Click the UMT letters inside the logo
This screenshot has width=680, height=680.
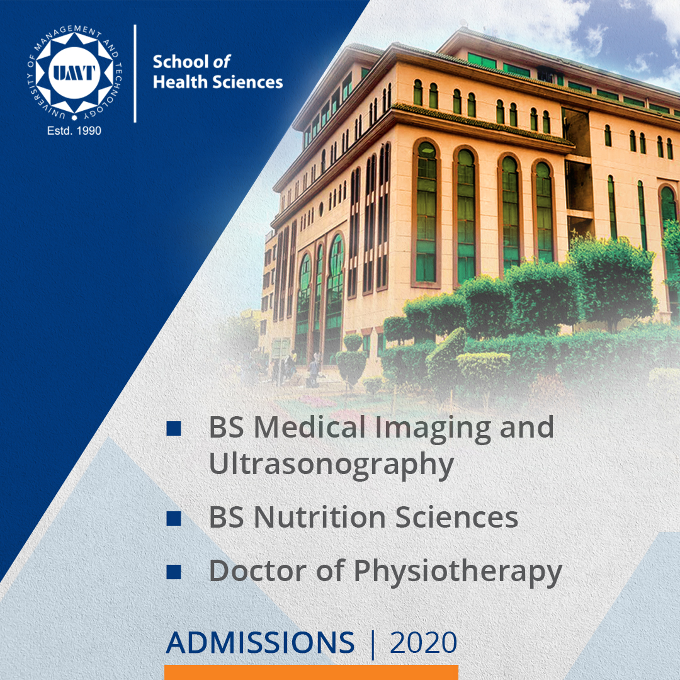click(x=74, y=73)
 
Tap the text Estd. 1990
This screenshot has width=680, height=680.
click(x=74, y=130)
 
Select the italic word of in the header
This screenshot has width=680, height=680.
click(x=222, y=62)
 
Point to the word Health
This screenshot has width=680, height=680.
click(x=176, y=82)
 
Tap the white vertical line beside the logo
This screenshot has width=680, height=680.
click(x=135, y=74)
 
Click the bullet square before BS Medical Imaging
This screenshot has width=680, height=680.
click(x=174, y=428)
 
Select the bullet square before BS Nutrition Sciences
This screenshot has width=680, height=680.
click(x=174, y=518)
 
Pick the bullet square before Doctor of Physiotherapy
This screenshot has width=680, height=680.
click(x=174, y=572)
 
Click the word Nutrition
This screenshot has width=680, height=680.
click(x=320, y=518)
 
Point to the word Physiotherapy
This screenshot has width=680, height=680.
click(x=458, y=572)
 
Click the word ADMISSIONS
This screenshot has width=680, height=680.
click(x=260, y=642)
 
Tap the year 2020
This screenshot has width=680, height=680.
click(x=423, y=642)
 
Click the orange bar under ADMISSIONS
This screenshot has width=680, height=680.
click(x=312, y=672)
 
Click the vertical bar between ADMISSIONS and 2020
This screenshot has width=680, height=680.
click(x=373, y=643)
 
